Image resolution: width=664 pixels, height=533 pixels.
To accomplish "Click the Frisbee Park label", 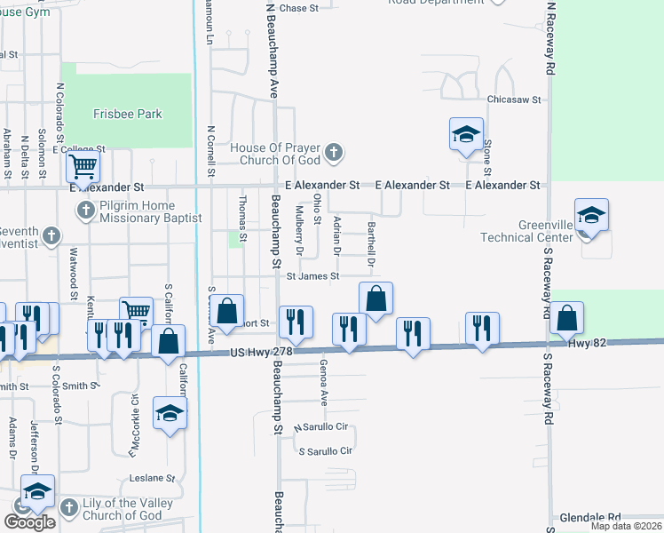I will click(x=128, y=115).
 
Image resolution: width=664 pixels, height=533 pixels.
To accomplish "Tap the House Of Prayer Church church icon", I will click(x=333, y=153).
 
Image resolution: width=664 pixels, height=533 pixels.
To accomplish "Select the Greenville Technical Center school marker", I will click(x=591, y=216).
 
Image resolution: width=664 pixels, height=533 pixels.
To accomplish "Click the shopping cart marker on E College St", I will click(x=83, y=165).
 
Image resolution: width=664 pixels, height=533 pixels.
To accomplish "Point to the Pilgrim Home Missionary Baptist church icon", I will click(x=85, y=211).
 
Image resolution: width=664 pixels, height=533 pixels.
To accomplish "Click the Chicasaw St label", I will click(x=513, y=100).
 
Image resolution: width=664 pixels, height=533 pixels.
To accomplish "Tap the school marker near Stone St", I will click(x=466, y=135).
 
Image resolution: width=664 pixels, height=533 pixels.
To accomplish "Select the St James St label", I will click(x=312, y=276).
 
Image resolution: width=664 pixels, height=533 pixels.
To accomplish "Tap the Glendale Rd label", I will click(x=590, y=517).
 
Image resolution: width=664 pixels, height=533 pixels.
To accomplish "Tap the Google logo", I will click(x=29, y=522).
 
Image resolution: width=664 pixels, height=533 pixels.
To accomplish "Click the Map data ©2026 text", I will click(x=626, y=526).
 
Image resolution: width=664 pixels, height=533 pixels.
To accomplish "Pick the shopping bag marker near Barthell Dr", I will click(x=376, y=300).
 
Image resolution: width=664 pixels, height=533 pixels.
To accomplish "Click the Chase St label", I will click(x=299, y=8).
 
